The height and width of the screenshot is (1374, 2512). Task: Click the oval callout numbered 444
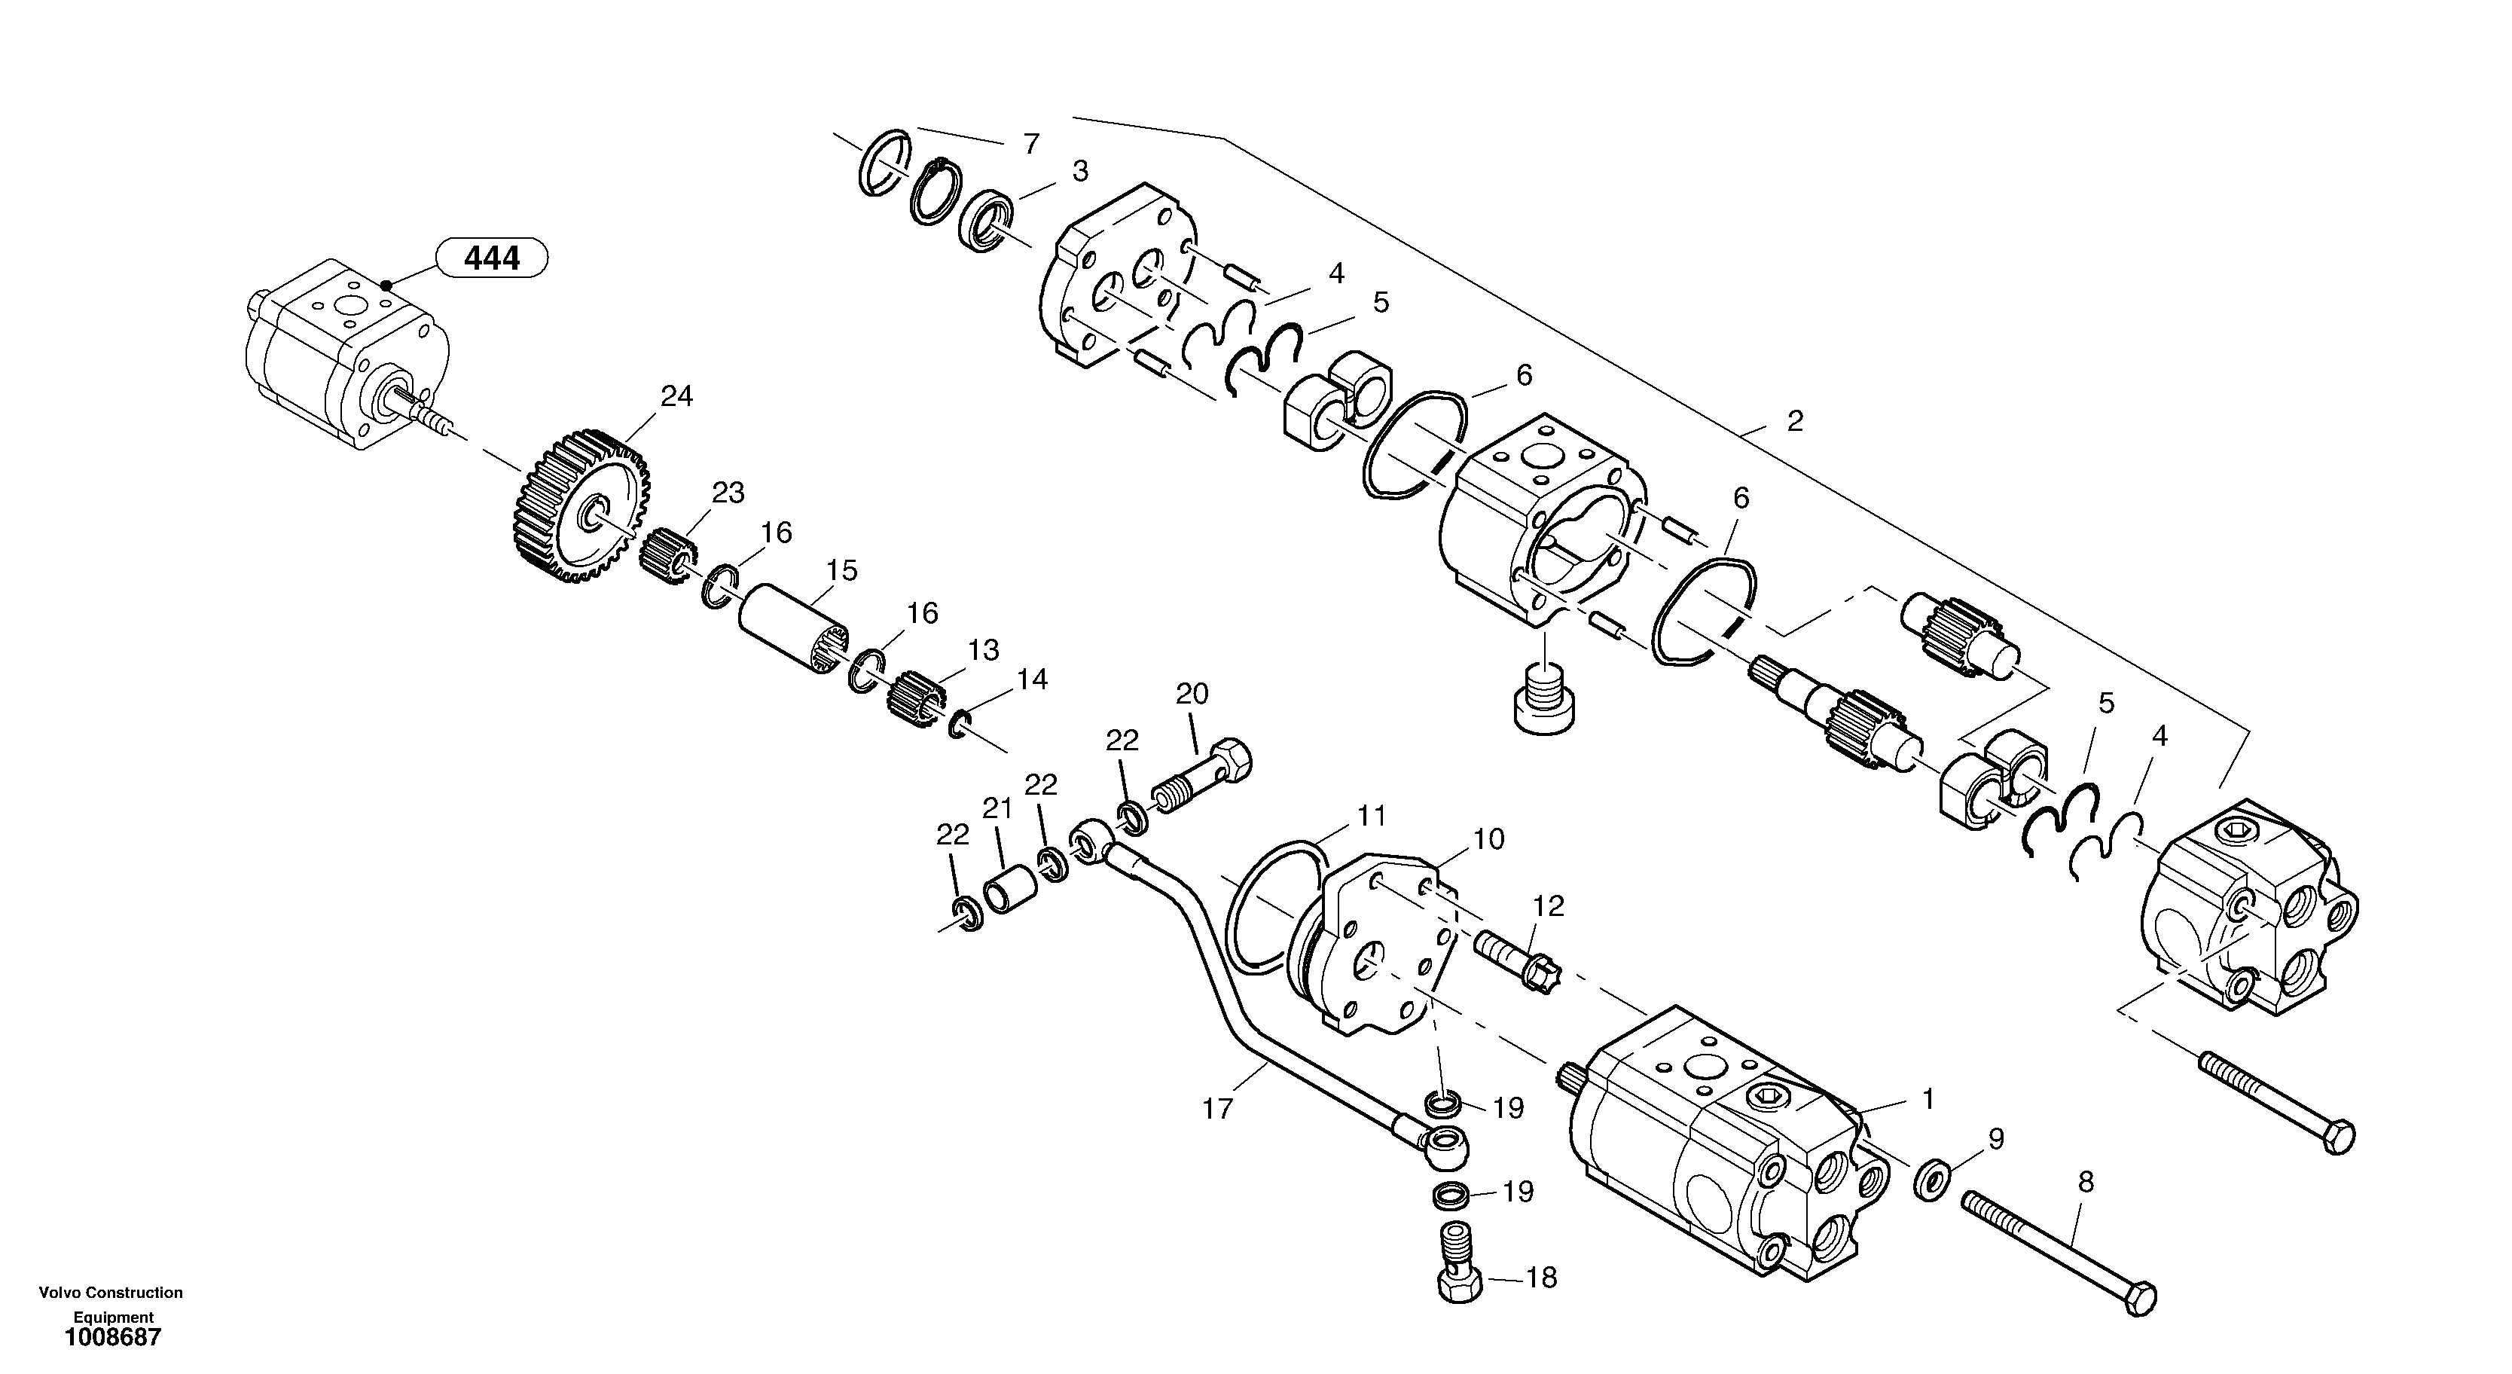point(491,258)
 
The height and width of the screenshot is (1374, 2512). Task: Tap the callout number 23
point(728,493)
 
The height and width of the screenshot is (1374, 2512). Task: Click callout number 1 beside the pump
point(1927,1100)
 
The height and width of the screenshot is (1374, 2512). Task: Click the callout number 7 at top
point(1030,145)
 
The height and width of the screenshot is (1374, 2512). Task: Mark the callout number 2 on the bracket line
point(1794,421)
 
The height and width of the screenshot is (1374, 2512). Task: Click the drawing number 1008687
point(113,1337)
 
